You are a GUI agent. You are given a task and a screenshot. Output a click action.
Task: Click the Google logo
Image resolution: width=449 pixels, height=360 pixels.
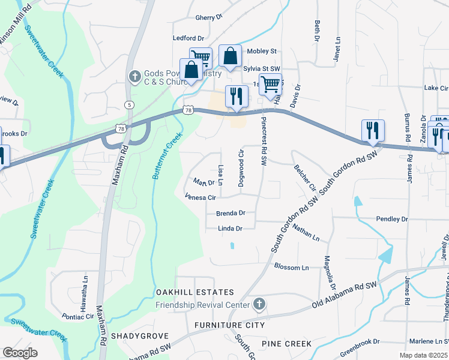pyautogui.click(x=20, y=352)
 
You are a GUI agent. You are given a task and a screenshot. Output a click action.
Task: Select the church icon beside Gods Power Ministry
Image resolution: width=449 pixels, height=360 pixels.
pyautogui.click(x=134, y=77)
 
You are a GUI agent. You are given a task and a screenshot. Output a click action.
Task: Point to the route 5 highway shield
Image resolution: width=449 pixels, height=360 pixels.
pyautogui.click(x=129, y=105)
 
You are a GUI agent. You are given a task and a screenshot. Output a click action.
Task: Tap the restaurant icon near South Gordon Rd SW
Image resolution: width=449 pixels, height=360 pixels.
pyautogui.click(x=373, y=130)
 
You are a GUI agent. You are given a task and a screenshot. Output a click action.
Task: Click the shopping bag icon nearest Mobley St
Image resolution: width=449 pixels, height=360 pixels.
pyautogui.click(x=230, y=56)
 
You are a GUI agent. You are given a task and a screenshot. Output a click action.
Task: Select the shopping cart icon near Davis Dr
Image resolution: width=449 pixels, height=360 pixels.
pyautogui.click(x=270, y=85)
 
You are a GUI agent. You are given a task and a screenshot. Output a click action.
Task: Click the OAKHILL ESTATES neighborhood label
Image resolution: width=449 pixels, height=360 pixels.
pyautogui.click(x=195, y=292)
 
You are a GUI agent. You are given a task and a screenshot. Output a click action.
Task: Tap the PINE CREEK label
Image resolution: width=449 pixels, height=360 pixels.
pyautogui.click(x=286, y=344)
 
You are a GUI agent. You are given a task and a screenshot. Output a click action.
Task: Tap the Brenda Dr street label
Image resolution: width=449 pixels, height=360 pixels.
pyautogui.click(x=231, y=213)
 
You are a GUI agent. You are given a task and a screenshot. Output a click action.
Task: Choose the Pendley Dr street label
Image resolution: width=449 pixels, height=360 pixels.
pyautogui.click(x=391, y=220)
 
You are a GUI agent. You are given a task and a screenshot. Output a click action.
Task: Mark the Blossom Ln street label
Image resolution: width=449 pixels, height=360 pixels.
pyautogui.click(x=291, y=267)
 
